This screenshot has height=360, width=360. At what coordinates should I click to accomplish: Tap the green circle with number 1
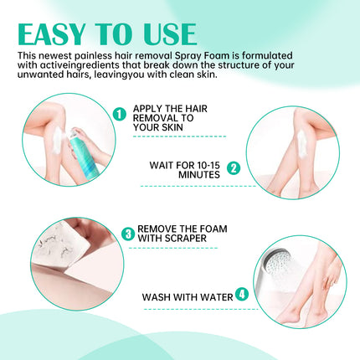pos(119,113)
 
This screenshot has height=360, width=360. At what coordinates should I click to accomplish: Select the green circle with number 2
pos(233,167)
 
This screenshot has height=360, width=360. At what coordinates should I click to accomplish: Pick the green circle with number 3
pos(128,234)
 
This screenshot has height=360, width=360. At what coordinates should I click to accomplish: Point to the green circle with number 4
pos(241,294)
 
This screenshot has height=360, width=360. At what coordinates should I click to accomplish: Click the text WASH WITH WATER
pos(187,295)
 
